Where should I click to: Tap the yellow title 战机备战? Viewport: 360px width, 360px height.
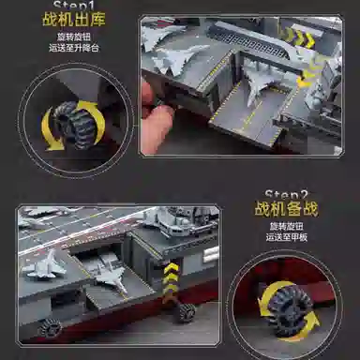click(282, 210)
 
